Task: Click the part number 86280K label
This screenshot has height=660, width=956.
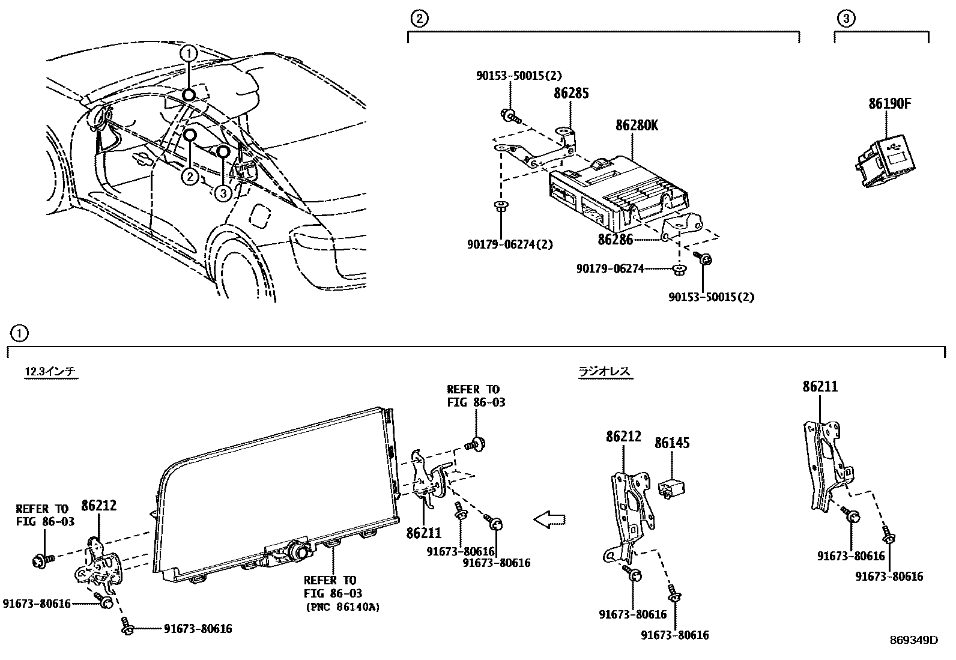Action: [x=637, y=126]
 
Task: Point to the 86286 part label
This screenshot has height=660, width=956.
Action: [x=615, y=239]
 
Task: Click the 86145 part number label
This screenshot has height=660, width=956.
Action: [x=671, y=443]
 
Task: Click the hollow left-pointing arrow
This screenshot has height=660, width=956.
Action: [x=549, y=519]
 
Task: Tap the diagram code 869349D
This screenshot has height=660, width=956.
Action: [x=913, y=640]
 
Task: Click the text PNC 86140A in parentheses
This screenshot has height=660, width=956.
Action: [x=342, y=607]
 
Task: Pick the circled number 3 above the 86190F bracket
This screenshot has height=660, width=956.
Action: [x=845, y=19]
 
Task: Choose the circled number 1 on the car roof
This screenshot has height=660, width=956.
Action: [x=189, y=53]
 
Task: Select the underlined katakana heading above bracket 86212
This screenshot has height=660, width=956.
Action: [x=604, y=372]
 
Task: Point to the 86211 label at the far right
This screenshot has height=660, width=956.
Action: [x=820, y=387]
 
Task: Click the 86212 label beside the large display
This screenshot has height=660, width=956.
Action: [x=98, y=506]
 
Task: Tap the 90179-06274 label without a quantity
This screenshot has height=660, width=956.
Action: [x=610, y=268]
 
